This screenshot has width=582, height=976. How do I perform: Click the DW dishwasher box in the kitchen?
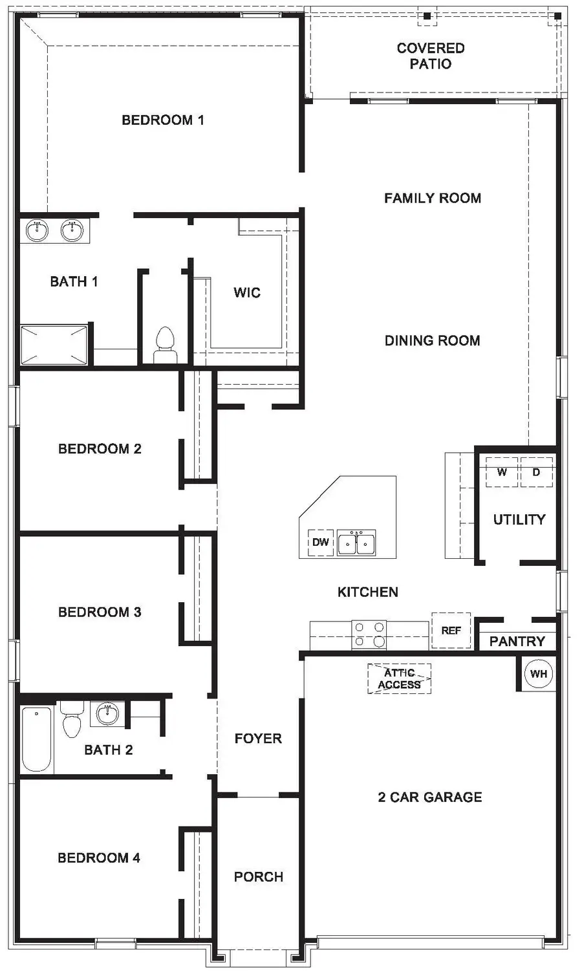320,542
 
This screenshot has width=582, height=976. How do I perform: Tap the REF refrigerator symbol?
451,630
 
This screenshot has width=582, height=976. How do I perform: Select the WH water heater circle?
538,673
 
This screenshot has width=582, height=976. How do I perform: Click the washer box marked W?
502,472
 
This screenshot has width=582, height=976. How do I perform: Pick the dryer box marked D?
536,472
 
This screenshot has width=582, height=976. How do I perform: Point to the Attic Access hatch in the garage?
399,678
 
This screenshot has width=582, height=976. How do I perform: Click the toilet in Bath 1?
165,345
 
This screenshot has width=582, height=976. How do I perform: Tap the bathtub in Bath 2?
37,739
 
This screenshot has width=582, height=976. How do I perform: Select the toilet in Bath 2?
71,719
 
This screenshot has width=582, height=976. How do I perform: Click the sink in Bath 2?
107,714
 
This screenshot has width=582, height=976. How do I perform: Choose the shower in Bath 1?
54,345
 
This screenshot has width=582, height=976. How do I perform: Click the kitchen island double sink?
356,543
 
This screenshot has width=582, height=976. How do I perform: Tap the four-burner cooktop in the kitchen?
369,634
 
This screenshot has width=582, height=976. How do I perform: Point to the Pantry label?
517,641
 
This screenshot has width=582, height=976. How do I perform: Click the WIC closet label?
247,292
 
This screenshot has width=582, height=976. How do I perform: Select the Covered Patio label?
431,56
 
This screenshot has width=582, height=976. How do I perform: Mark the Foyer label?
258,738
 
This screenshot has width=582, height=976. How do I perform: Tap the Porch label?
258,876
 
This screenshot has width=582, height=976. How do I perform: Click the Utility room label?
519,519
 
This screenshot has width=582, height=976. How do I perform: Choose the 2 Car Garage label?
429,797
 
